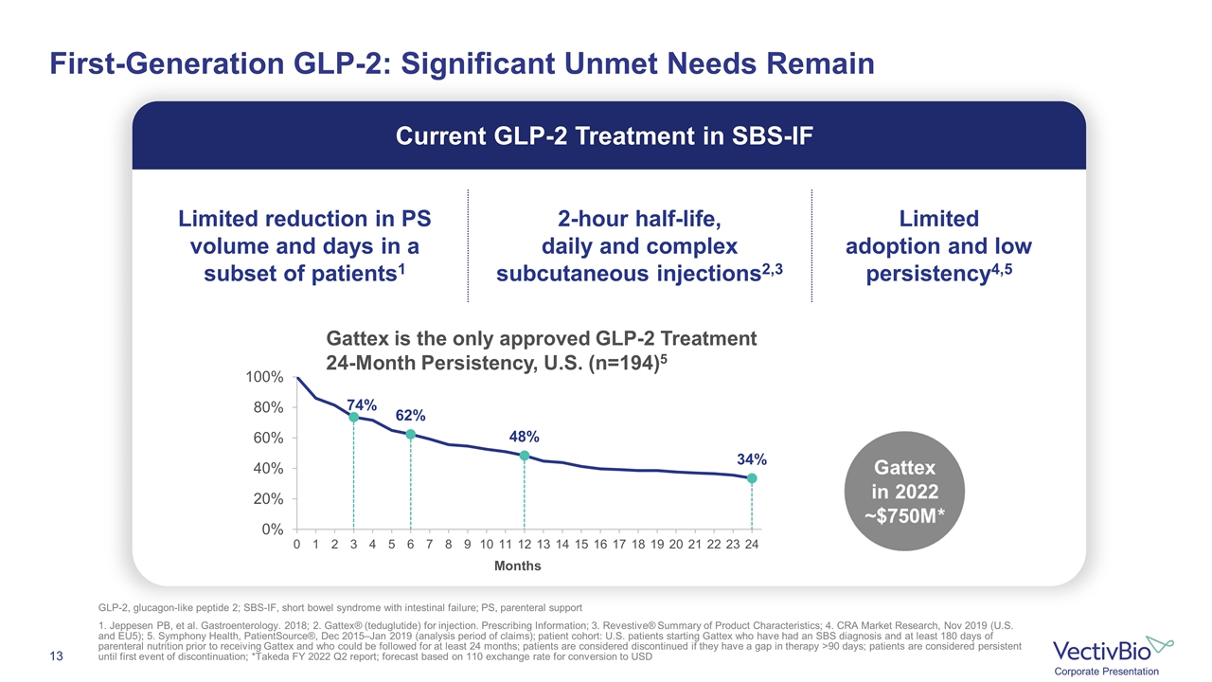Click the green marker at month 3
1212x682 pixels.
pyautogui.click(x=353, y=417)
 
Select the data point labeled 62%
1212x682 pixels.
pyautogui.click(x=410, y=435)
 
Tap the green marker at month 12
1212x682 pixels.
pyautogui.click(x=525, y=456)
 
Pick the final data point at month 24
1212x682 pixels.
pyautogui.click(x=752, y=478)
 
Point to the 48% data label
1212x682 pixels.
pyautogui.click(x=525, y=437)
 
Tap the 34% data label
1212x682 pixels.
pyautogui.click(x=751, y=458)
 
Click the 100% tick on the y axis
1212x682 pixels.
pyautogui.click(x=264, y=377)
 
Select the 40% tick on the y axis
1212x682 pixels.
pyautogui.click(x=268, y=468)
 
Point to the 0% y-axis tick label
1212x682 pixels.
pyautogui.click(x=272, y=529)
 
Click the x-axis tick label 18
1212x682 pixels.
pyautogui.click(x=638, y=545)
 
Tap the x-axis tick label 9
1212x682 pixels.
pyautogui.click(x=468, y=545)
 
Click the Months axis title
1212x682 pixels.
pyautogui.click(x=517, y=565)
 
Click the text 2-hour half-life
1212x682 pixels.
pyautogui.click(x=639, y=220)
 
